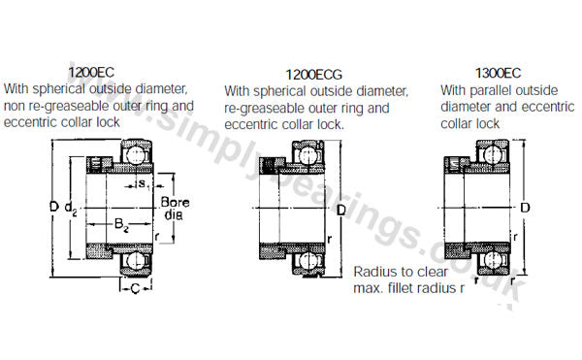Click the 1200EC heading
pos(91,73)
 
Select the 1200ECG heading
pos(313,75)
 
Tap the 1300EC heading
pos(499,73)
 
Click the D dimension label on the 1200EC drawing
pos(54,207)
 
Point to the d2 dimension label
pos(71,209)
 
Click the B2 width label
pos(121,224)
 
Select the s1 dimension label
pos(144,184)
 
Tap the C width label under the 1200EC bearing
pos(135,288)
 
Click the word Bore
pos(176,202)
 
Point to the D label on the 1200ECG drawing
pos(341,211)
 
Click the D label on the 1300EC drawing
pos(525,208)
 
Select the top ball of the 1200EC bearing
pos(136,154)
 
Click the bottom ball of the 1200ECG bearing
pos(307,261)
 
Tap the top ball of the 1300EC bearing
pos(493,154)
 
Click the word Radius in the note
pos(375,272)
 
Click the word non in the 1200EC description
pos(15,107)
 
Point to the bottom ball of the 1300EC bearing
pos(493,259)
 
